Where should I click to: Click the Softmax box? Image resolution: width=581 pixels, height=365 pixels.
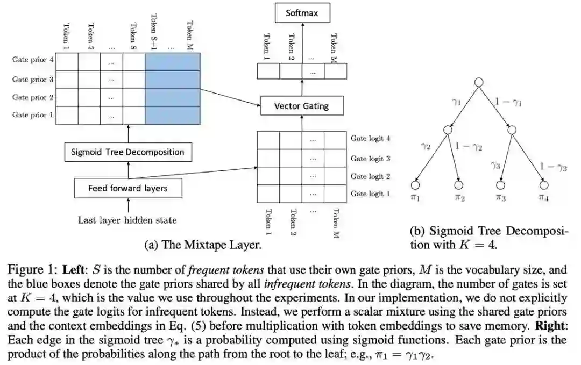301,12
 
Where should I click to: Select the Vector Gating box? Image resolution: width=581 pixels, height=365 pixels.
301,106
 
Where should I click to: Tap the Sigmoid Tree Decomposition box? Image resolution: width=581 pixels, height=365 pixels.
127,152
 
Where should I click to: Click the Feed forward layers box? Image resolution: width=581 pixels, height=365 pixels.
127,188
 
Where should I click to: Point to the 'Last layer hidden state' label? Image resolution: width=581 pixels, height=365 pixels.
127,220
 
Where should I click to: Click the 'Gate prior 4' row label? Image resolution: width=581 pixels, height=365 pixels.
33,60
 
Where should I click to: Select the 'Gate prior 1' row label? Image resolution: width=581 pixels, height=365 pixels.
33,115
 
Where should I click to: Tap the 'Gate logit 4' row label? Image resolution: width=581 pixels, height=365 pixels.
371,138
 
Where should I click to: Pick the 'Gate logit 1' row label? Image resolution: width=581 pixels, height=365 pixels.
371,194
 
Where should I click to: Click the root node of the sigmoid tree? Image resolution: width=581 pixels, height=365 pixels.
479,82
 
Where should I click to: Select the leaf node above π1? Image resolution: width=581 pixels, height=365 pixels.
415,185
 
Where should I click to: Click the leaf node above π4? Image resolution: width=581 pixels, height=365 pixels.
543,185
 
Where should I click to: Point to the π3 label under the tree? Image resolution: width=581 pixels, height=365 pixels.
501,198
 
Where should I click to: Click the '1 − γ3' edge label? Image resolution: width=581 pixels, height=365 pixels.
554,167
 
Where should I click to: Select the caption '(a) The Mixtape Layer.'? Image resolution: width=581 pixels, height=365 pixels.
203,245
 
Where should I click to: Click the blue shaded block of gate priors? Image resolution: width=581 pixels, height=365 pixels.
172,88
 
